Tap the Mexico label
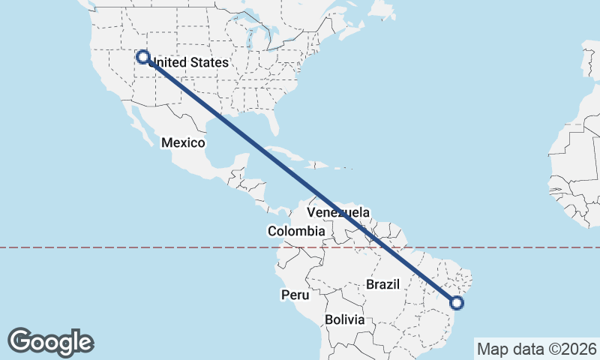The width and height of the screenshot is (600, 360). click(x=183, y=142)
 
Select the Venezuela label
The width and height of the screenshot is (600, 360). click(x=337, y=212)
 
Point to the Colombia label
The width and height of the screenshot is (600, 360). click(x=296, y=231)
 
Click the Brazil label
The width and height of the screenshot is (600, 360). click(x=382, y=284)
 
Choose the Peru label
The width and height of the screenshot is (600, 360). click(x=295, y=295)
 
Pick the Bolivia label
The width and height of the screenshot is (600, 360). click(x=345, y=319)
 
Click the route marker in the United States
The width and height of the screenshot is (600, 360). click(x=142, y=56)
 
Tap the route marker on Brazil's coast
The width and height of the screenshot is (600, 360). click(x=457, y=303)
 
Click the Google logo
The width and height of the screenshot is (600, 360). click(x=50, y=342)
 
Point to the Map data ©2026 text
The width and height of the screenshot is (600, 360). click(x=536, y=349)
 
